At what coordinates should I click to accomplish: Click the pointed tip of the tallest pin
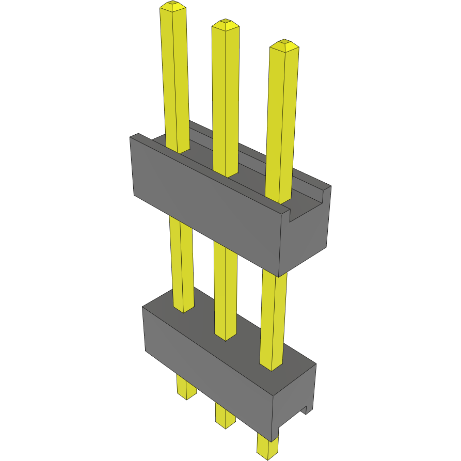click(172, 6)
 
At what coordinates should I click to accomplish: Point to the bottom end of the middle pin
click(225, 421)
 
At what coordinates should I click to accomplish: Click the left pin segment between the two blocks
click(182, 263)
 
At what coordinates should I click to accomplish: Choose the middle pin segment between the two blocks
click(226, 289)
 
